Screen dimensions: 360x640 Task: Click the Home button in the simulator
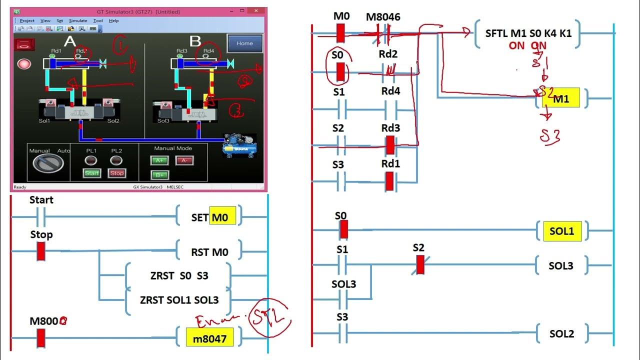(244, 43)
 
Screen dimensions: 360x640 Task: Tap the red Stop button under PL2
(116, 173)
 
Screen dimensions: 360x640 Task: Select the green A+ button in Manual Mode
(160, 160)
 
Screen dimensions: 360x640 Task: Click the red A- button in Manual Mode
(184, 160)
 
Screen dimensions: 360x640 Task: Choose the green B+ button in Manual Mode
(160, 175)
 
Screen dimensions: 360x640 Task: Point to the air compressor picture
(239, 145)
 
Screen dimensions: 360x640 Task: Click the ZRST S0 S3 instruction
(178, 275)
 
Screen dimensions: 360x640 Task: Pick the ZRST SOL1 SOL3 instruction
(179, 300)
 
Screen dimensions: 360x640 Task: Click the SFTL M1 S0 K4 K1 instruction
(528, 33)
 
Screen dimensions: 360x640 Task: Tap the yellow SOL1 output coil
(562, 231)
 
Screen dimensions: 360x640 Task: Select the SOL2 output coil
(561, 333)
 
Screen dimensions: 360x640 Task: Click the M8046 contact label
(383, 17)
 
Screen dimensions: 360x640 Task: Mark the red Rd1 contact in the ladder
(390, 181)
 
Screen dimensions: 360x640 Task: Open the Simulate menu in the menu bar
(77, 20)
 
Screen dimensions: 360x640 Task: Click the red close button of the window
(258, 11)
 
